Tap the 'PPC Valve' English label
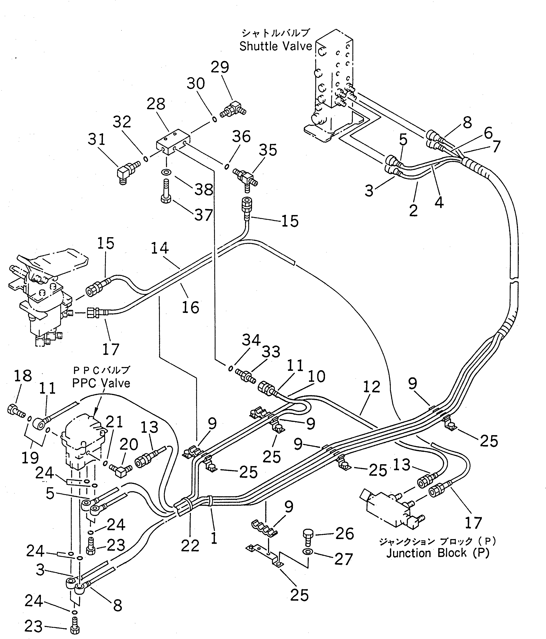pos(101,383)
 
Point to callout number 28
pos(156,104)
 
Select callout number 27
pos(343,559)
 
